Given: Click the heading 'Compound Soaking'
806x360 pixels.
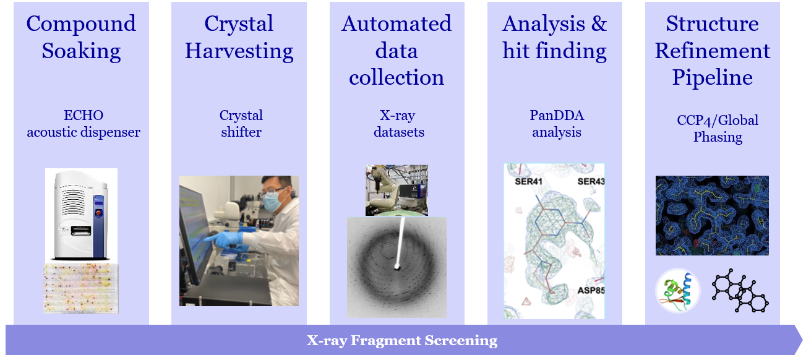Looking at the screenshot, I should coord(81,37).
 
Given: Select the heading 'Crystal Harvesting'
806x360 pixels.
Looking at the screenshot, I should coord(239,37).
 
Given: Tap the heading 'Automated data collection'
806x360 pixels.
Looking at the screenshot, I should coord(397,51).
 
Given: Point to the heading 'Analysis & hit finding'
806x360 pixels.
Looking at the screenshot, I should coord(554,37).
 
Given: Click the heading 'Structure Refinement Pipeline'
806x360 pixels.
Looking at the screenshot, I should coord(713,51).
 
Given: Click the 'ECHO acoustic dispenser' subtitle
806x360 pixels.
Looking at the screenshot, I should coord(84,124).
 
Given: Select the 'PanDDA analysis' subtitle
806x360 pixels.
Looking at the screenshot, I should coord(557,124).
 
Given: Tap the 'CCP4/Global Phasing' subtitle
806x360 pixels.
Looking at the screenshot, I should coord(718,128).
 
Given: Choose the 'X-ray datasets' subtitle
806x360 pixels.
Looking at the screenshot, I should coord(397,124).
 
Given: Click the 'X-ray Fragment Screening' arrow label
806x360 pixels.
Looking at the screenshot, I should coord(402,340).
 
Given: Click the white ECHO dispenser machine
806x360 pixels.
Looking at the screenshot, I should coord(81,213).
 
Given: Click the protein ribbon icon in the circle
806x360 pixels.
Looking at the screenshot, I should coord(677,291).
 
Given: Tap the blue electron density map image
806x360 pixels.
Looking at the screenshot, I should coord(712,215).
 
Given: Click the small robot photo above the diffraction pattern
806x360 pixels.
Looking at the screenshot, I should coord(397,190).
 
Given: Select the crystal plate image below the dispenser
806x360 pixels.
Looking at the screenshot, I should coord(81,288).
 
